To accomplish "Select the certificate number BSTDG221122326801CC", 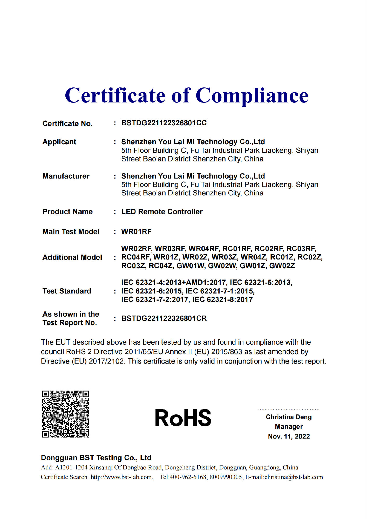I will coord(164,123).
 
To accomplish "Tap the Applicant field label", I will coord(59,142).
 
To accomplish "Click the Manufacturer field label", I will coord(66,176).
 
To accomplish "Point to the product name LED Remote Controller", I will coord(162,211).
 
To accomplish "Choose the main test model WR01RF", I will coord(136,231).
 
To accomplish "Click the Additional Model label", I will coord(72,257).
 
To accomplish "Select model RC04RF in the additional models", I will coord(135,257).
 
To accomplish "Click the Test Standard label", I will coord(67,291).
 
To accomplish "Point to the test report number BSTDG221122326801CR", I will coord(164,318).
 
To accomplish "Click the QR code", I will coord(66,414).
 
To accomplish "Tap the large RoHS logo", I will coord(183,418).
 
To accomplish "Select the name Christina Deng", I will coord(289,417).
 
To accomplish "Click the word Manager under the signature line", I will coord(289,427).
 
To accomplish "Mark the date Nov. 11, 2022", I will coord(289,436).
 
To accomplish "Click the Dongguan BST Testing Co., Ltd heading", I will coord(96,457).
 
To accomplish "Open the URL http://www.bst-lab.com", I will coord(121,477).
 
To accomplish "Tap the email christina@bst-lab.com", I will coord(294,477).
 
